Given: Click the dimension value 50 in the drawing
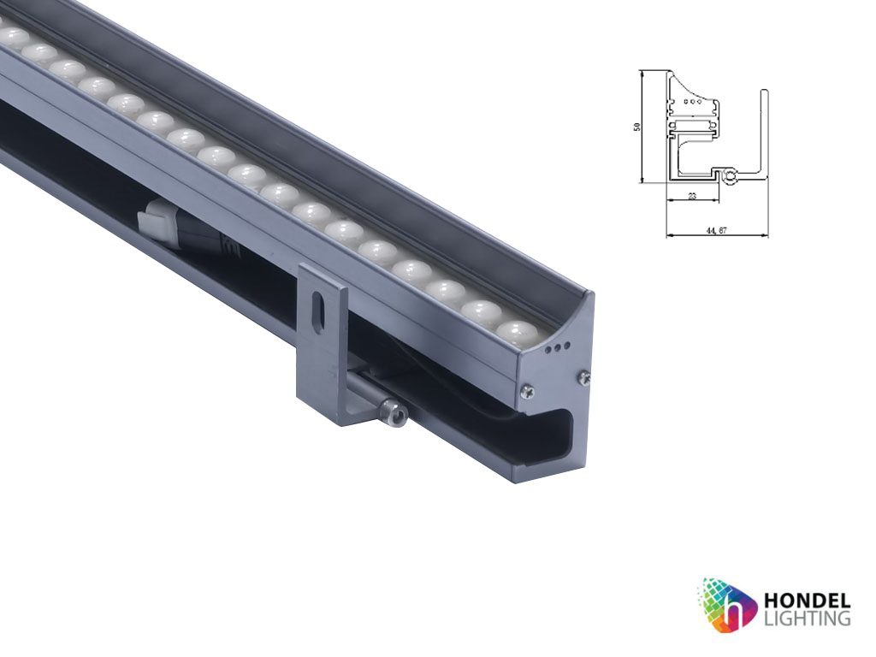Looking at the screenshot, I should [636, 126].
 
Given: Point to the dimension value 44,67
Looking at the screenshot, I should [717, 230].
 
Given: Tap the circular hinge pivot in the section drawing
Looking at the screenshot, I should [729, 177].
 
